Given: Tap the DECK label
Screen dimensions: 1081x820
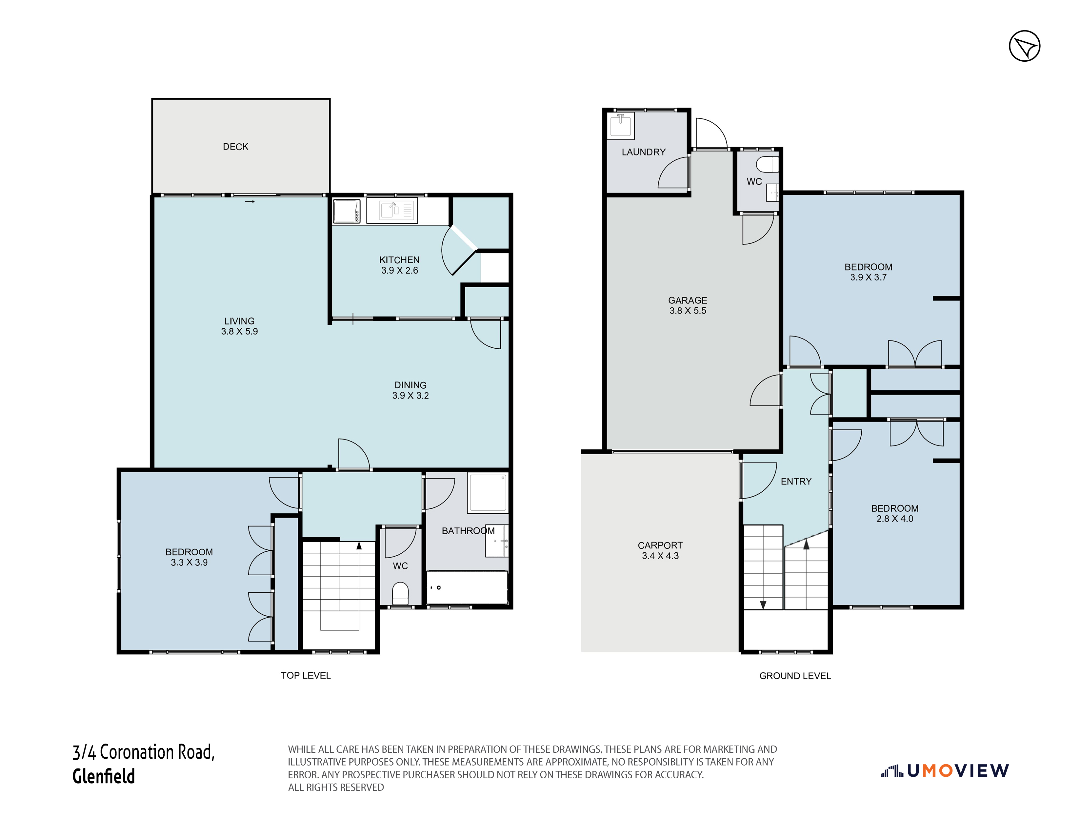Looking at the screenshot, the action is pyautogui.click(x=235, y=147).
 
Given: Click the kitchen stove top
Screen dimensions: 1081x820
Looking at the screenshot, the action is pyautogui.click(x=347, y=211).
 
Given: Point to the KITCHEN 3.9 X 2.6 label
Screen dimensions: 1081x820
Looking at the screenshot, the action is pyautogui.click(x=399, y=265).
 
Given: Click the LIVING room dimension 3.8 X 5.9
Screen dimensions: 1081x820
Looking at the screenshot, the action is pyautogui.click(x=239, y=332).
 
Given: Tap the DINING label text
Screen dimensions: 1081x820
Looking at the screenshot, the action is pyautogui.click(x=410, y=385).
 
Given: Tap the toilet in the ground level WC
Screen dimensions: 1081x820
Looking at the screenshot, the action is pyautogui.click(x=767, y=164).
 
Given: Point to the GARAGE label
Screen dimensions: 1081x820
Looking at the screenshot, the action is pyautogui.click(x=688, y=300).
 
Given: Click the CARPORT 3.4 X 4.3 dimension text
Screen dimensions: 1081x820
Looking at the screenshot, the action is pyautogui.click(x=660, y=556).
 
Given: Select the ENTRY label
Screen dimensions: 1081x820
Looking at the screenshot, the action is pyautogui.click(x=796, y=482).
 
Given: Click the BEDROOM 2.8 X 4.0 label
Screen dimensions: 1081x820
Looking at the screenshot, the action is pyautogui.click(x=895, y=513).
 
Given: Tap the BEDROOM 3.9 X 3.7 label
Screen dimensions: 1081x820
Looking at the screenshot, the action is pyautogui.click(x=869, y=272).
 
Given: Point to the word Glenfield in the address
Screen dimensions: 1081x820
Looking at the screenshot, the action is pyautogui.click(x=104, y=776).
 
